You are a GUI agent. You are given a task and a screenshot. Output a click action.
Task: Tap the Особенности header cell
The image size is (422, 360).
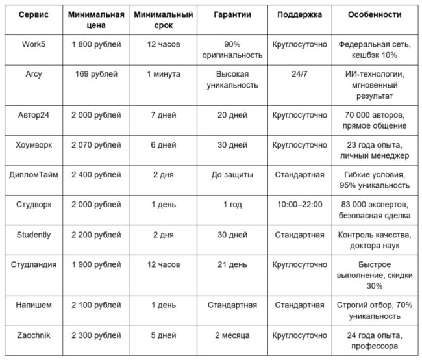pos(374,14)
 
